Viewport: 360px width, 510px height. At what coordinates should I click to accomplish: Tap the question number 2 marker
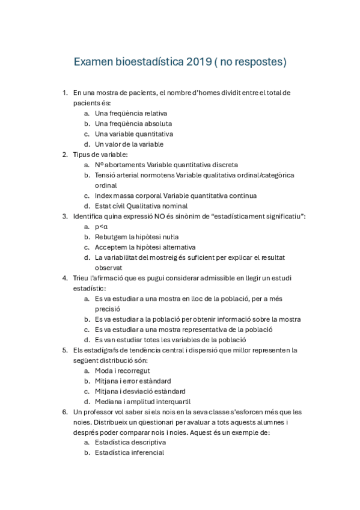click(64, 155)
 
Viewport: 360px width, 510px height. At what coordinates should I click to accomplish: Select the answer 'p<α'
click(101, 227)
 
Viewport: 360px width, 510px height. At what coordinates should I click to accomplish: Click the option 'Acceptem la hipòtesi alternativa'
click(145, 247)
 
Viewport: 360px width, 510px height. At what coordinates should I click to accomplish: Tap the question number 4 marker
click(64, 278)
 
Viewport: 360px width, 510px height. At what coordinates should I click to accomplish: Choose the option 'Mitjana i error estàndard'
click(132, 381)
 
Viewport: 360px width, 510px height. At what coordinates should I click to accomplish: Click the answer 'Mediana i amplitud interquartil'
click(141, 402)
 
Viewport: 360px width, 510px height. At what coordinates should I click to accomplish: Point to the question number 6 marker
click(64, 412)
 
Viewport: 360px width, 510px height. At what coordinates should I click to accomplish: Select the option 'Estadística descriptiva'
click(130, 443)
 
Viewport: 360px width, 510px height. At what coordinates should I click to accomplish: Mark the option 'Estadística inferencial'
click(129, 453)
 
